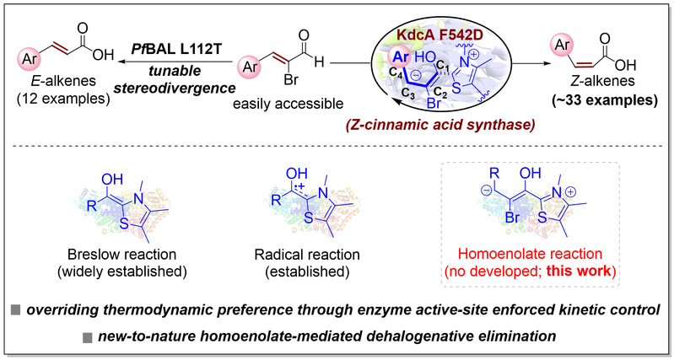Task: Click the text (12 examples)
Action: [63, 98]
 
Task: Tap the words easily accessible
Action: [288, 104]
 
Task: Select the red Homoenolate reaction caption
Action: [531, 254]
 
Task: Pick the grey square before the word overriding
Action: [15, 310]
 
